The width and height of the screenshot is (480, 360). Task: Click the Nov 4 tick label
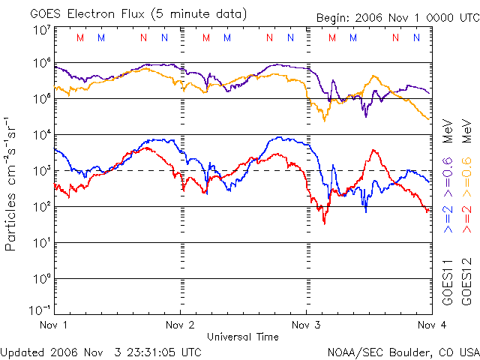[x=428, y=325]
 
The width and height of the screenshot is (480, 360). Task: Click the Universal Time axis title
[x=242, y=337]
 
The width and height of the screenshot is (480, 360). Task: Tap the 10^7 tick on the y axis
[x=40, y=30]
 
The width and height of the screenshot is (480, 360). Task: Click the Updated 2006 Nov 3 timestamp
[x=101, y=351]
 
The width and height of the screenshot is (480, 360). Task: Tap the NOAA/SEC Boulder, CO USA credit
[x=403, y=351]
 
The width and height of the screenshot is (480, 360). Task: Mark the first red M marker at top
[x=80, y=38]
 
